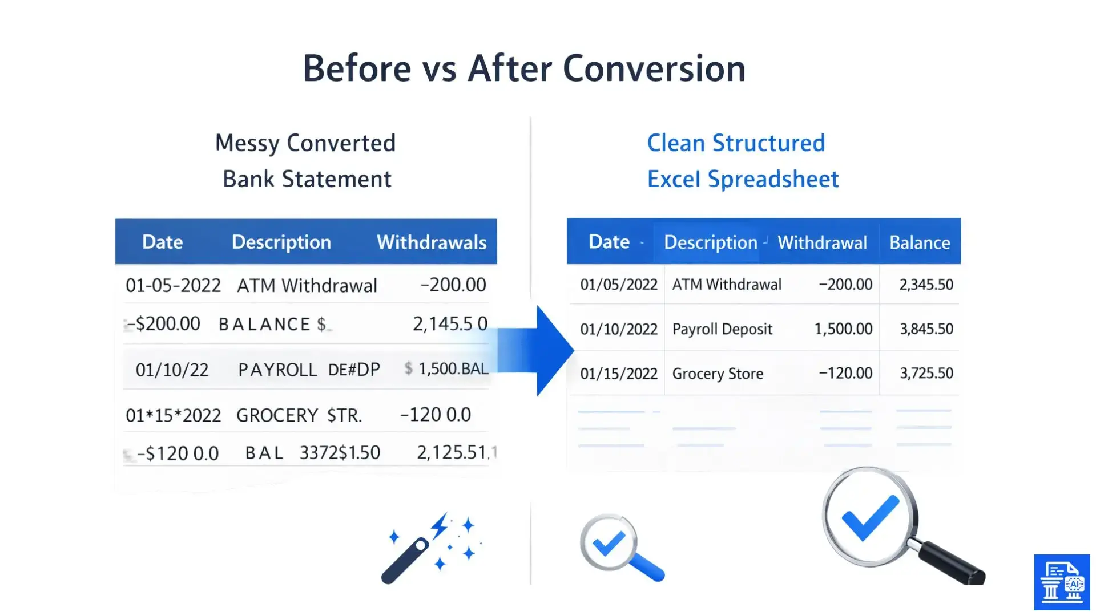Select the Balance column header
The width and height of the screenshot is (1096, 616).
tap(920, 242)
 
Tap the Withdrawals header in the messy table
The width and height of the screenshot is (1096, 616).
tap(432, 242)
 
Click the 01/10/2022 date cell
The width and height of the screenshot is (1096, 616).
tap(619, 329)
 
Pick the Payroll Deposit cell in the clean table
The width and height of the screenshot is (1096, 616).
tap(722, 329)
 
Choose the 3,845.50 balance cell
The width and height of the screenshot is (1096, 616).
tap(926, 329)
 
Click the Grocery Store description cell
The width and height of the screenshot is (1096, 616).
tap(718, 374)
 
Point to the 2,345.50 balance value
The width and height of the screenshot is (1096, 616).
tap(926, 285)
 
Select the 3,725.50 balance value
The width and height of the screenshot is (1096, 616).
tap(926, 374)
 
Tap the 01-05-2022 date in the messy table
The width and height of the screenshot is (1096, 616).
tap(173, 285)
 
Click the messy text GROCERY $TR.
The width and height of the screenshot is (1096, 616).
tap(299, 415)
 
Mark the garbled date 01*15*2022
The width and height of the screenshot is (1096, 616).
tap(173, 415)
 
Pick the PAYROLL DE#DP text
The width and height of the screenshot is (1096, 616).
tap(309, 370)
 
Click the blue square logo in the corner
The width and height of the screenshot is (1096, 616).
tap(1062, 582)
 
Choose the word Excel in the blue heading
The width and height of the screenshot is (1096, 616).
tap(674, 179)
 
